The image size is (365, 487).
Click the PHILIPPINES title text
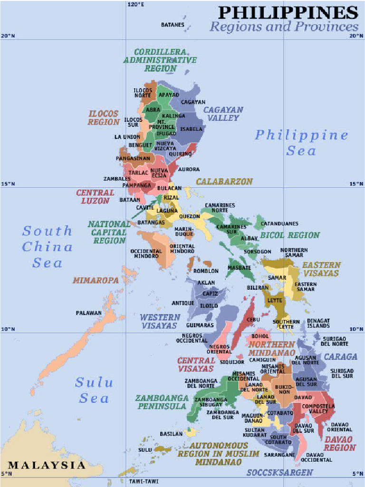[x=288, y=12]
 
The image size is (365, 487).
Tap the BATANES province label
[x=173, y=25]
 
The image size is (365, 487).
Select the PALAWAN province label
[x=89, y=313]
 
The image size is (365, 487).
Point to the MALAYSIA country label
[x=47, y=465]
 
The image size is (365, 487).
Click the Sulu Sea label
[x=94, y=390]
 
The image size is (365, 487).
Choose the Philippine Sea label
[x=301, y=143]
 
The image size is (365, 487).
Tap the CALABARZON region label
[x=224, y=182]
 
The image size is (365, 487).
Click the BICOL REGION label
[x=290, y=235]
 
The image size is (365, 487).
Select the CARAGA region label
[x=340, y=357]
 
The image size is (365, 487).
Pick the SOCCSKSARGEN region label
[x=279, y=472]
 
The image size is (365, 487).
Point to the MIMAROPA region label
[x=96, y=281]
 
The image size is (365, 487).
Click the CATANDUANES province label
[x=279, y=224]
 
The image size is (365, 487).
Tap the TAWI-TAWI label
[x=143, y=481]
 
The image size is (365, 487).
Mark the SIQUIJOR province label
[x=232, y=362]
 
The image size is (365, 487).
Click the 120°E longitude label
[x=136, y=4]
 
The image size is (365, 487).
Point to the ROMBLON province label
[x=206, y=271]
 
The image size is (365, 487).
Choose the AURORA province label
[x=189, y=169]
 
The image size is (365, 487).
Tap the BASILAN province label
[x=171, y=434]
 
